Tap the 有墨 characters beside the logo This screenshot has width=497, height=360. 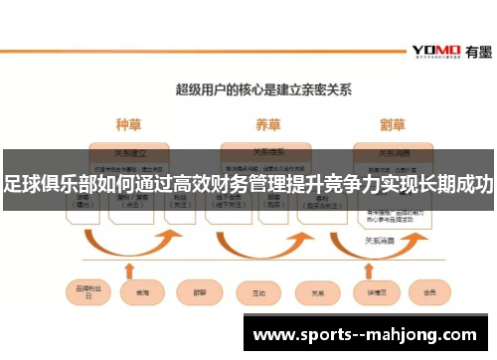(x=473, y=49)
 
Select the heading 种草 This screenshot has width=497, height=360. (x=129, y=126)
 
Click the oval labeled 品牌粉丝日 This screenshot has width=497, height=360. (x=88, y=293)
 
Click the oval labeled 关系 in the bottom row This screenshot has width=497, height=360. (x=317, y=293)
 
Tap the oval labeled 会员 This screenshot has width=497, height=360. (x=428, y=293)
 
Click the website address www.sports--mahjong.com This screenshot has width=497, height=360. (x=366, y=335)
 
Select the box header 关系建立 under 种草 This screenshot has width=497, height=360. (x=130, y=153)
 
